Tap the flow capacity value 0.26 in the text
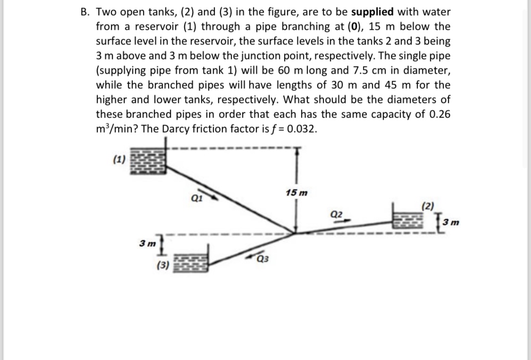[437, 114]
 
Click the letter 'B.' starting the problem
[84, 12]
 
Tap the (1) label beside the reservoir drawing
[119, 159]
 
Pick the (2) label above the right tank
[427, 205]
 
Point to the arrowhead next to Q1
[213, 195]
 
